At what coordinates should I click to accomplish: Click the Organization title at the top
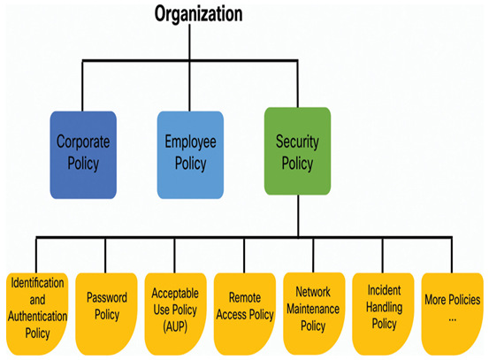[x=198, y=14]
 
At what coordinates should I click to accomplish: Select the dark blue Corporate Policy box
[x=83, y=155]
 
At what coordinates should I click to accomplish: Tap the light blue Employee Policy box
[x=190, y=155]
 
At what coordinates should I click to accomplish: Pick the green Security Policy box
[x=297, y=151]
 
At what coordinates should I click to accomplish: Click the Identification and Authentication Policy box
[x=37, y=314]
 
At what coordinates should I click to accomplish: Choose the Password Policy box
[x=106, y=314]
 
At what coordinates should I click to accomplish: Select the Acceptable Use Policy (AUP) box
[x=176, y=314]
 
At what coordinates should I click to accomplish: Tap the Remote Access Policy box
[x=245, y=314]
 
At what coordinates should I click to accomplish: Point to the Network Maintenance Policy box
[x=314, y=313]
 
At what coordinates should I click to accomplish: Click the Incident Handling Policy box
[x=383, y=314]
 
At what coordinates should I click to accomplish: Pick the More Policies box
[x=452, y=314]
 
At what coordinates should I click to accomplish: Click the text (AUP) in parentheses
[x=175, y=326]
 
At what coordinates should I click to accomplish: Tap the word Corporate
[x=83, y=142]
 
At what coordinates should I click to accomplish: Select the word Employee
[x=190, y=142]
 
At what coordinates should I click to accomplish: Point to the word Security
[x=297, y=142]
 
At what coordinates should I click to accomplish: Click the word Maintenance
[x=313, y=309]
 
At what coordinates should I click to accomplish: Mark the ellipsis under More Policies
[x=452, y=319]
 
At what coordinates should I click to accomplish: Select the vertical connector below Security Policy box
[x=299, y=216]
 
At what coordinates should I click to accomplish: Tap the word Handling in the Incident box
[x=384, y=308]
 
